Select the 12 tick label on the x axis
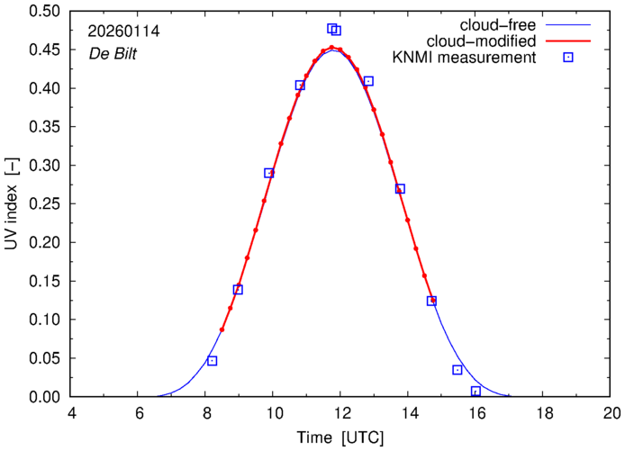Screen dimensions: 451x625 coord(341,413)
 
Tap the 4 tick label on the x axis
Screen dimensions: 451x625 coord(72,413)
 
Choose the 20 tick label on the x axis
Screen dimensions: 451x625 coord(611,413)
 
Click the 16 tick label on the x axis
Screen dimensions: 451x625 coord(476,413)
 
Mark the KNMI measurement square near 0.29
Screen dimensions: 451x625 coord(269,173)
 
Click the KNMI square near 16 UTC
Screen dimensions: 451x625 coord(476,391)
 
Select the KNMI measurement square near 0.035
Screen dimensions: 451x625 coord(457,370)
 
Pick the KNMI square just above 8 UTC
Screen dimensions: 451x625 coord(213,361)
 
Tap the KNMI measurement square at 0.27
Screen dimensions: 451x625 coord(400,189)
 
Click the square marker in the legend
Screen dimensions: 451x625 coord(568,59)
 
